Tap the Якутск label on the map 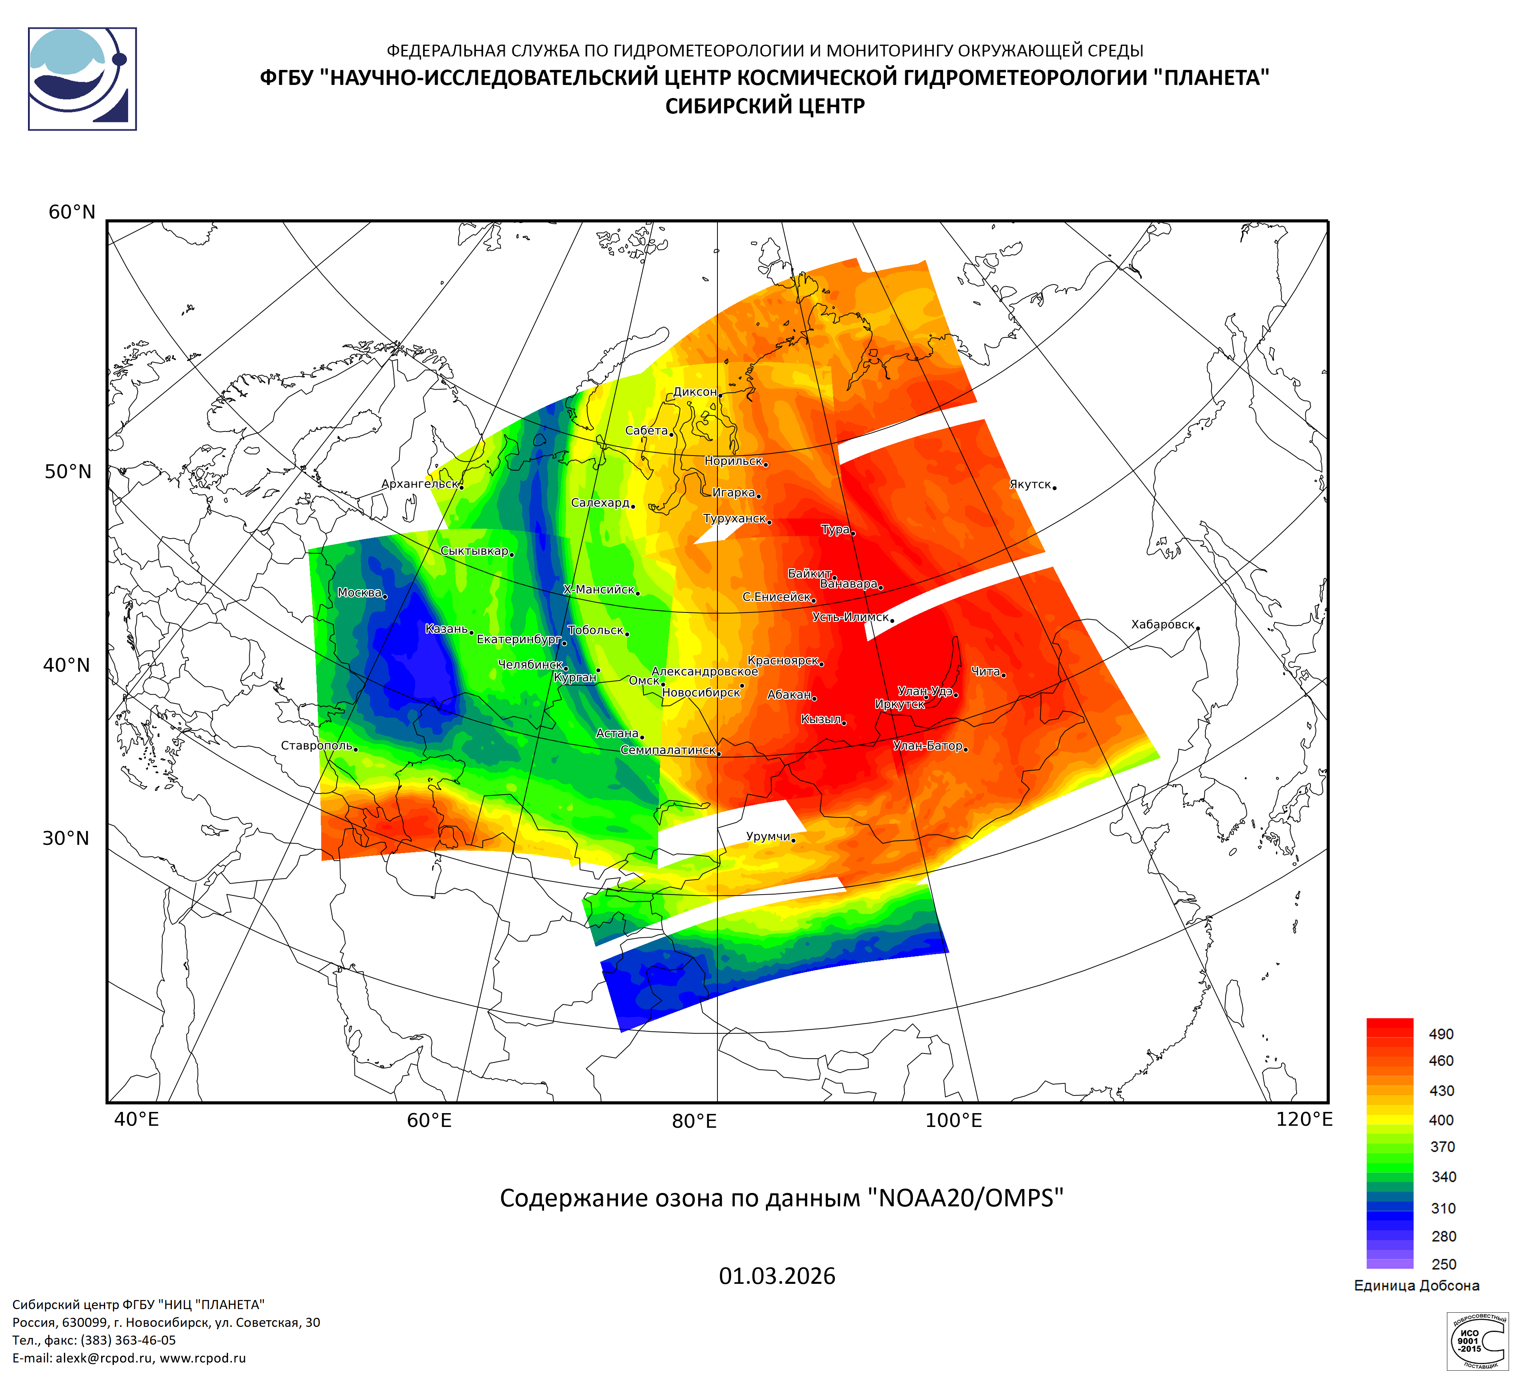click(1030, 484)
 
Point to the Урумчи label click(768, 836)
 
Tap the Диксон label click(695, 392)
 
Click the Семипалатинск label click(668, 750)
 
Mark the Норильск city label click(733, 461)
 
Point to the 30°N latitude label click(66, 838)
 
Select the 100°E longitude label click(954, 1120)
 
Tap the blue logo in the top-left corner click(82, 79)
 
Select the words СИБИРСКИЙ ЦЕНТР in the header click(764, 106)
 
